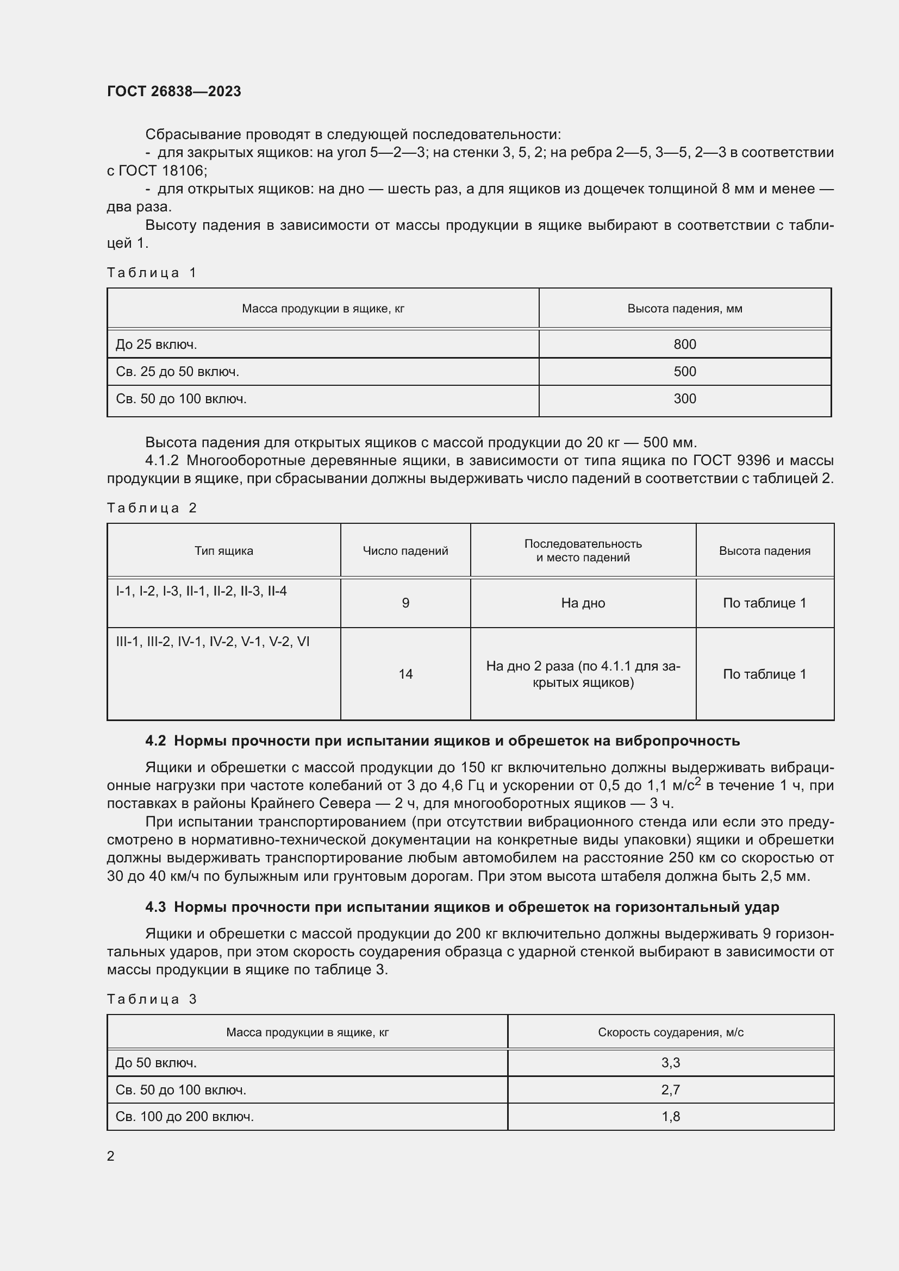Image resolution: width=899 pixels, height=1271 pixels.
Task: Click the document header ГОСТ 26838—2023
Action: (174, 91)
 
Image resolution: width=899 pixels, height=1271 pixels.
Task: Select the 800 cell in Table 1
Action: (684, 345)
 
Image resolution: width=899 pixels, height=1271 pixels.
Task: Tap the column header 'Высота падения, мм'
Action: (684, 309)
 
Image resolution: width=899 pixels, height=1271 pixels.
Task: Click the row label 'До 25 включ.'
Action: (156, 345)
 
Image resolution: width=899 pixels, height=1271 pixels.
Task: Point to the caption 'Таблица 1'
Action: (152, 272)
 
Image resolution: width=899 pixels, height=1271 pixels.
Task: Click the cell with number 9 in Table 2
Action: (405, 603)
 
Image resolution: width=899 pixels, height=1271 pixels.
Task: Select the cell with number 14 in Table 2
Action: (405, 674)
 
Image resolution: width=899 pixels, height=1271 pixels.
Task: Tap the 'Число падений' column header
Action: (405, 551)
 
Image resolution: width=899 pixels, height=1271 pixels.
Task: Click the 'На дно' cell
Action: (583, 603)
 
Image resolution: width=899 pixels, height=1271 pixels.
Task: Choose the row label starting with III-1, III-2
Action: (213, 642)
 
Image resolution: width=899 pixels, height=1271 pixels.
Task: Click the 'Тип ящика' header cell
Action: (223, 551)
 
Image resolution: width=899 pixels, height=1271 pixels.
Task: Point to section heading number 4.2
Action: (155, 741)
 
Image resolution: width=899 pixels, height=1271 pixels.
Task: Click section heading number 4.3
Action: (155, 907)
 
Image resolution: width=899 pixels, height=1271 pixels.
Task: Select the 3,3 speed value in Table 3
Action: (670, 1063)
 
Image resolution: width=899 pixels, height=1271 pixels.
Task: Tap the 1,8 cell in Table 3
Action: (670, 1117)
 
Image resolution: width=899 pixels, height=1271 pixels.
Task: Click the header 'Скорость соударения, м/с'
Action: (670, 1032)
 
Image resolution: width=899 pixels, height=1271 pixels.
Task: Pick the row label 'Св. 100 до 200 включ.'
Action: (184, 1117)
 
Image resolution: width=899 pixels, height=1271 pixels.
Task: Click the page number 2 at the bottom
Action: (111, 1156)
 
